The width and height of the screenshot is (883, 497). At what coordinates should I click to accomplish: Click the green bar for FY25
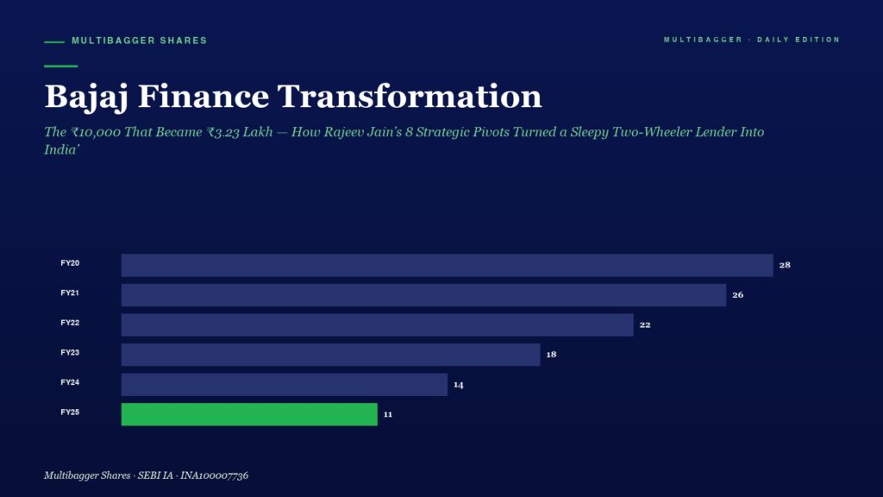pyautogui.click(x=249, y=414)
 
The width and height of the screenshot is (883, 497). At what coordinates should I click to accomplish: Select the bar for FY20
pyautogui.click(x=448, y=265)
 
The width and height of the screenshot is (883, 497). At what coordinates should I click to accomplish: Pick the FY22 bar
pyautogui.click(x=378, y=324)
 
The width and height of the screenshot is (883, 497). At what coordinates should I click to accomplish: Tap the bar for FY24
pyautogui.click(x=285, y=384)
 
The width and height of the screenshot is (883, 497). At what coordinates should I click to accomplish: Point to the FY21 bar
pyautogui.click(x=424, y=295)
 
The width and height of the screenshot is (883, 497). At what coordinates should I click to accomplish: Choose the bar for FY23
pyautogui.click(x=331, y=355)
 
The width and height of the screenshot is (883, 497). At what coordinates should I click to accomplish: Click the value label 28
pyautogui.click(x=785, y=265)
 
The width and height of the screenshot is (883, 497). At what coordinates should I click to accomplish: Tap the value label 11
pyautogui.click(x=388, y=414)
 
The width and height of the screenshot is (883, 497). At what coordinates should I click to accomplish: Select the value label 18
pyautogui.click(x=551, y=355)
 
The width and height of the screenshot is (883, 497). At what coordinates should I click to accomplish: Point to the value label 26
pyautogui.click(x=738, y=295)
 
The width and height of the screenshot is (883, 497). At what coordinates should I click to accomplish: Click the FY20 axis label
pyautogui.click(x=70, y=263)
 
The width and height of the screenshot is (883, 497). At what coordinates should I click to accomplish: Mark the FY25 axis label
pyautogui.click(x=70, y=412)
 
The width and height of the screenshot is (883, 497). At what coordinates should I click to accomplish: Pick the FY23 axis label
pyautogui.click(x=70, y=353)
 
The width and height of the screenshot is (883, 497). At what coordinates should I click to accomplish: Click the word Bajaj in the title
pyautogui.click(x=87, y=97)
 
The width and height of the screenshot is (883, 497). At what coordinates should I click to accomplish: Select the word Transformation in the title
pyautogui.click(x=410, y=96)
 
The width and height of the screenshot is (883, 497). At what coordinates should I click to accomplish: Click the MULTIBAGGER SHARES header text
pyautogui.click(x=139, y=41)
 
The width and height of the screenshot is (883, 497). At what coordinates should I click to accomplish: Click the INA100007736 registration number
pyautogui.click(x=214, y=475)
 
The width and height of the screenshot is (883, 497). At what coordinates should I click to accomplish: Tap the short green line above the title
pyautogui.click(x=61, y=66)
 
